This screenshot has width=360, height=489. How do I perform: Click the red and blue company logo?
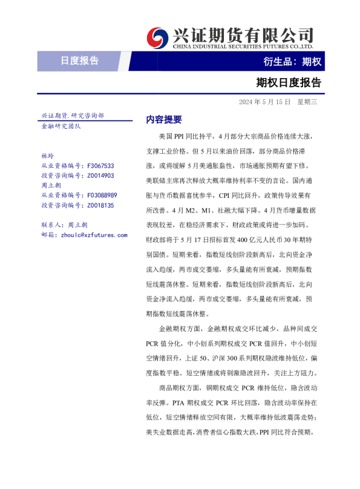tap(159, 37)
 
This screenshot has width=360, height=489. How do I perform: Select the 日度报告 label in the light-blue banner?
tap(79, 61)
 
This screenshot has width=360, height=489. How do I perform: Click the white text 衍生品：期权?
tap(292, 61)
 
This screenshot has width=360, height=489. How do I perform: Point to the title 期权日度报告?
tap(289, 83)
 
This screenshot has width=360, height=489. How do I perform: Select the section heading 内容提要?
tap(164, 119)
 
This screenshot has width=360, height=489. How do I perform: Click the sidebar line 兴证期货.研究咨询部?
tap(72, 116)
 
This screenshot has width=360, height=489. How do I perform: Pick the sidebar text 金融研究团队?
tap(61, 126)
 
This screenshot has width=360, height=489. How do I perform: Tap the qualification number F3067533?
tap(100, 166)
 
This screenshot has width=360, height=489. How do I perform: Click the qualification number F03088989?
tap(102, 195)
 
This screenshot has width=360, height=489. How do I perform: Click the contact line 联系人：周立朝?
tap(64, 225)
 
